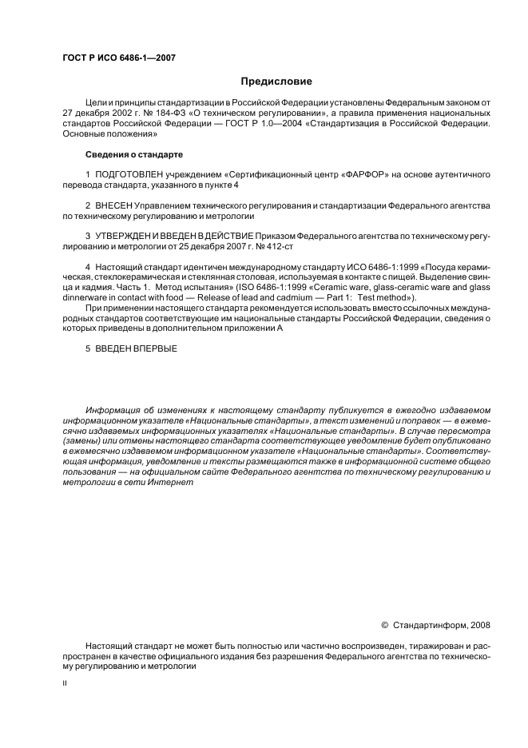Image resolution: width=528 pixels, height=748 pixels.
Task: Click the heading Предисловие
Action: pos(277,82)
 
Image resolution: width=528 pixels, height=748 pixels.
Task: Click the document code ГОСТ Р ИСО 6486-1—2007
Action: pos(118,58)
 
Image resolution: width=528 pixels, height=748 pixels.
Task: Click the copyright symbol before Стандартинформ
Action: pos(386,624)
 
